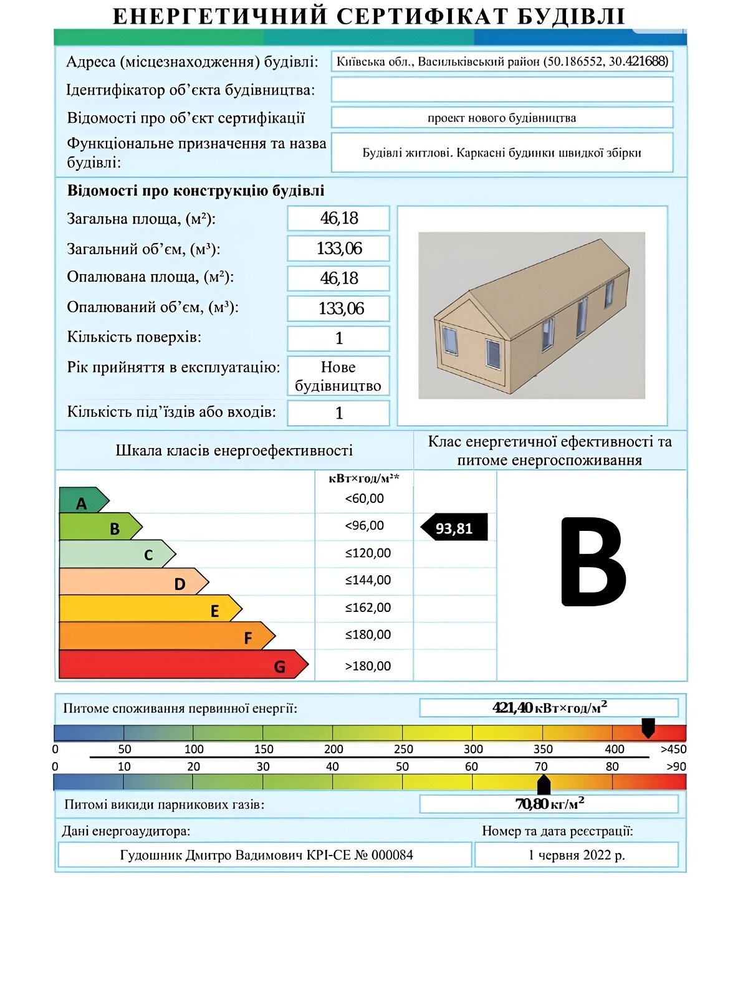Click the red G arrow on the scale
pyautogui.click(x=181, y=664)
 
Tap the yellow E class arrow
pyautogui.click(x=150, y=609)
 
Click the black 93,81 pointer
pyautogui.click(x=454, y=528)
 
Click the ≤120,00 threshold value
pyautogui.click(x=368, y=553)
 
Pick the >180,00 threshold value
pyautogui.click(x=368, y=666)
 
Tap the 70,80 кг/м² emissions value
pyautogui.click(x=549, y=804)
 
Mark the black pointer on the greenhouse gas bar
pyautogui.click(x=544, y=785)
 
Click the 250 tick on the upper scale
pyautogui.click(x=403, y=749)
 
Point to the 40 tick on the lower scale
pyautogui.click(x=333, y=766)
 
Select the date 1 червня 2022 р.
pyautogui.click(x=577, y=855)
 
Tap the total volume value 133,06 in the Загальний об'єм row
pyautogui.click(x=338, y=249)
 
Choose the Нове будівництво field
pyautogui.click(x=338, y=376)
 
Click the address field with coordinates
pyautogui.click(x=502, y=62)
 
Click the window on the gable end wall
pyautogui.click(x=449, y=341)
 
